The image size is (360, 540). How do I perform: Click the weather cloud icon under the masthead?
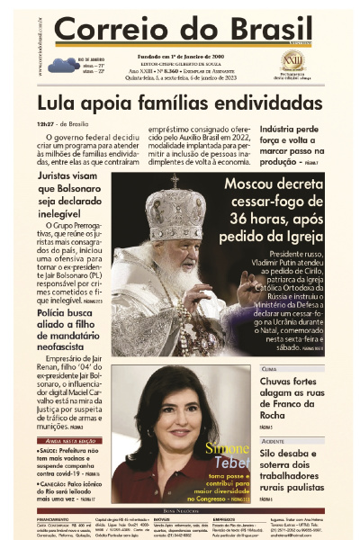(x=64, y=64)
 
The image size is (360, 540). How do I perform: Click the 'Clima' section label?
(x=269, y=369)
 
